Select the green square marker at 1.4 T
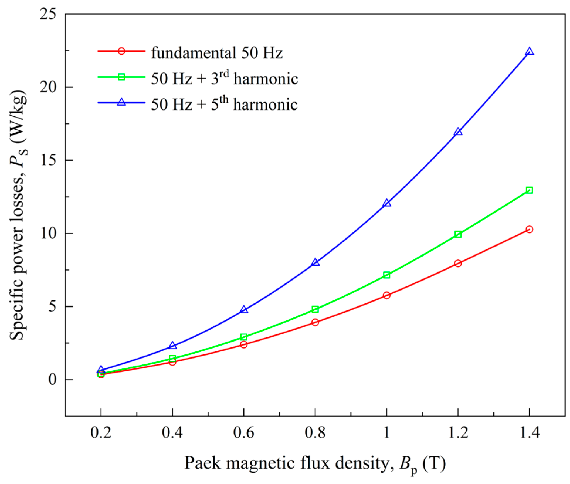pyautogui.click(x=529, y=190)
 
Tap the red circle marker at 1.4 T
pyautogui.click(x=529, y=229)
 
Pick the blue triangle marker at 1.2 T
pyautogui.click(x=458, y=132)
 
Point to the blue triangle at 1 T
pyautogui.click(x=387, y=203)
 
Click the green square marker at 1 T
pyautogui.click(x=386, y=275)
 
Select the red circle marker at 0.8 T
pyautogui.click(x=315, y=322)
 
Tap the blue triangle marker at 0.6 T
pyautogui.click(x=244, y=310)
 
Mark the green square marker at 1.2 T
pyautogui.click(x=458, y=234)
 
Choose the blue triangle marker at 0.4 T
pyautogui.click(x=173, y=346)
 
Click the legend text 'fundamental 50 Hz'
pyautogui.click(x=217, y=53)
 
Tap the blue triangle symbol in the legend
pyautogui.click(x=121, y=102)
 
